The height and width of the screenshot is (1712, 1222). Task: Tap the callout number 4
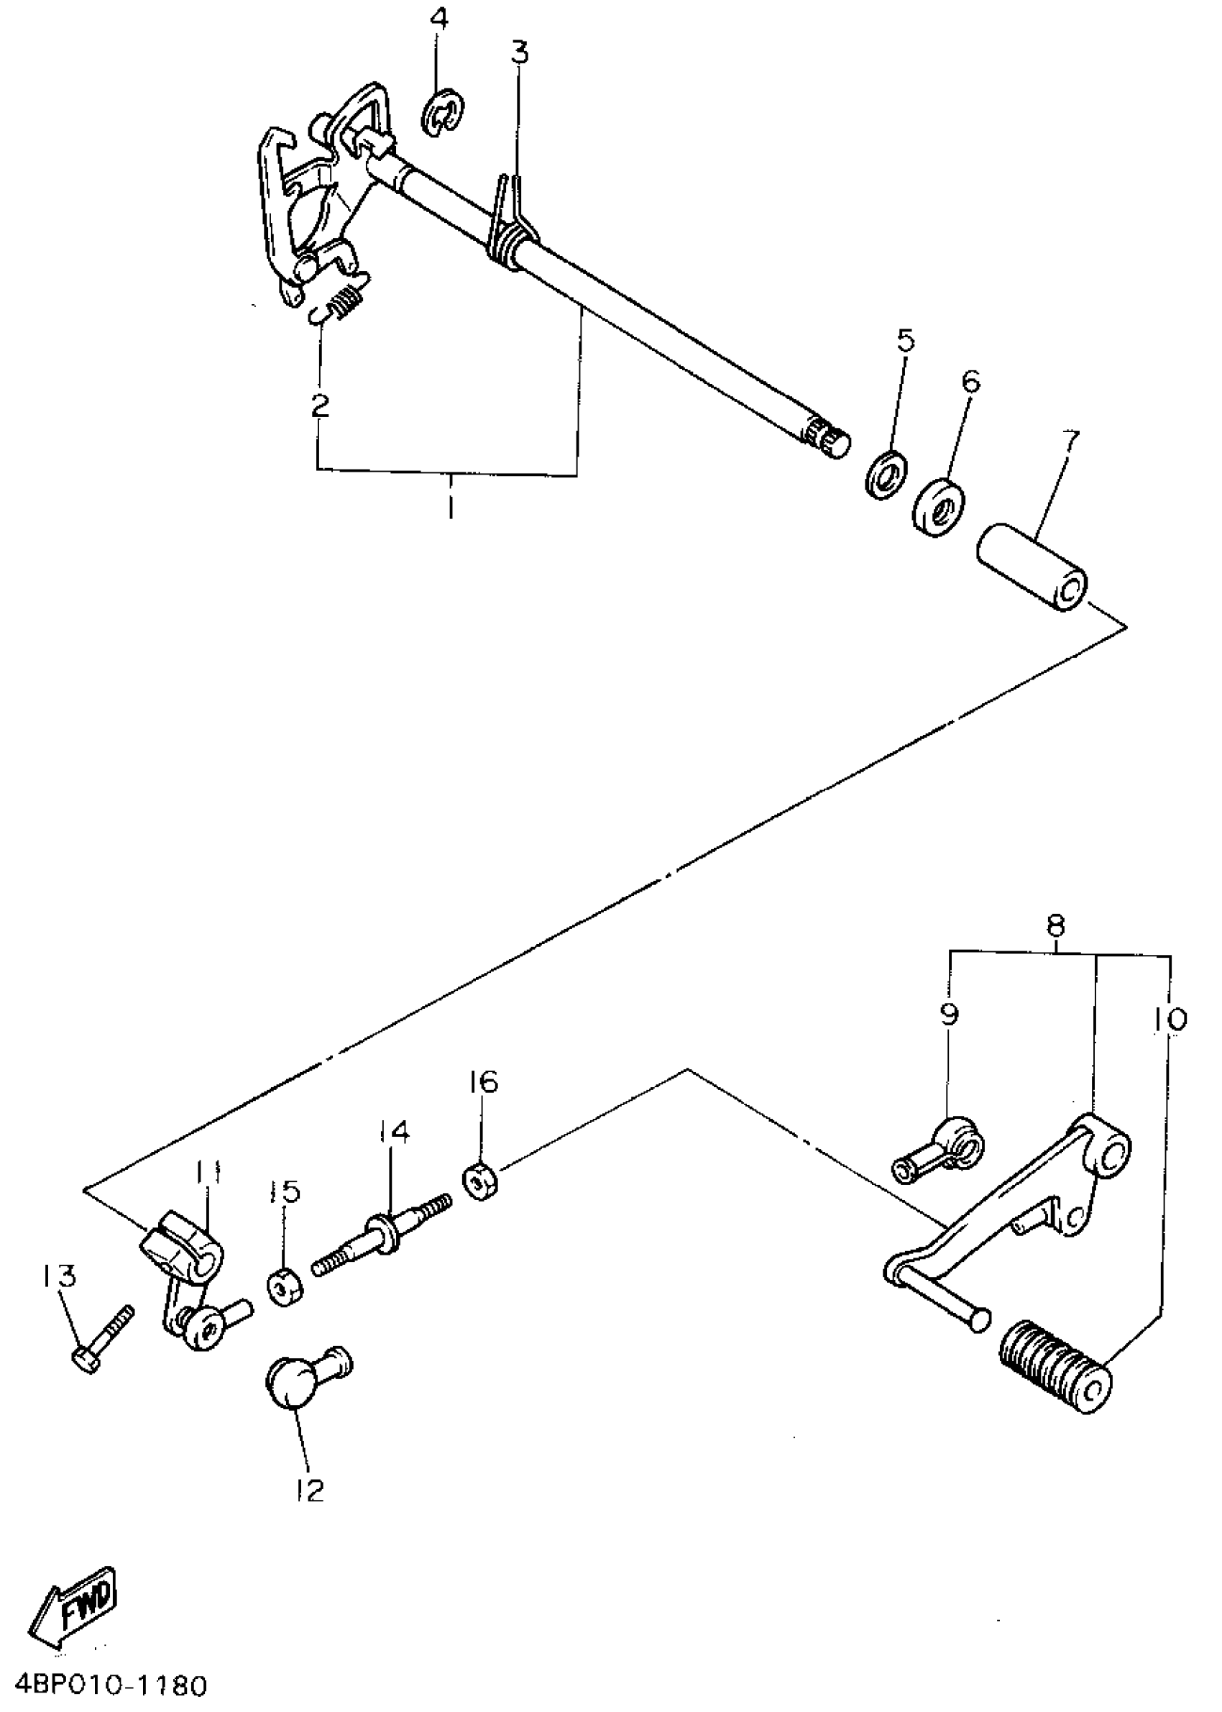438,19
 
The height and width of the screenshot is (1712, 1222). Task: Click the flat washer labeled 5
885,475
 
